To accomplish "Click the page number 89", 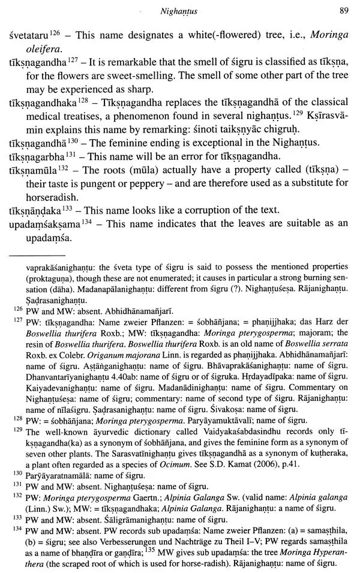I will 343,10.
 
